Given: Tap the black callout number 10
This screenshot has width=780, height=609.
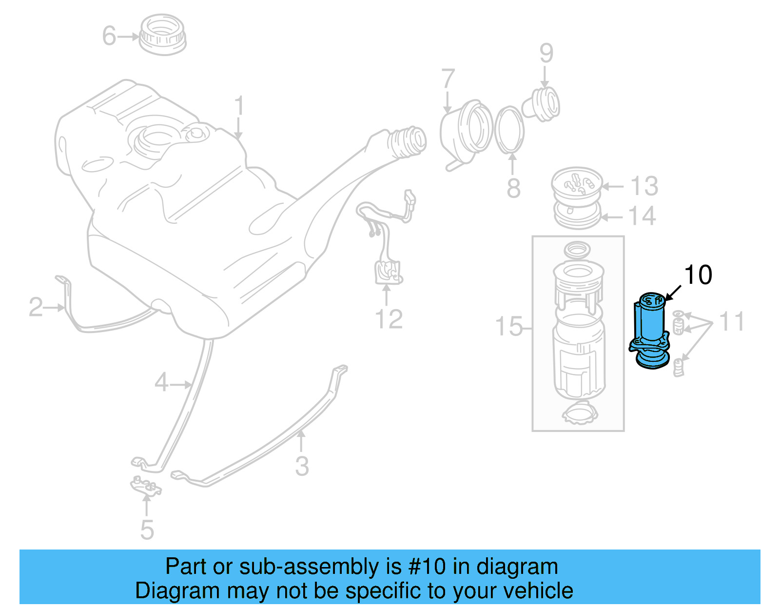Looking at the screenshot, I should tap(698, 275).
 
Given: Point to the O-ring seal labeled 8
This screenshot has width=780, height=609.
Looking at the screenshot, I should tap(510, 129).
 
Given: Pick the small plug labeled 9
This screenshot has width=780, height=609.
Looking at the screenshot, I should tap(542, 105).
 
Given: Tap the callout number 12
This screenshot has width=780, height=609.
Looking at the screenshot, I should tap(389, 319).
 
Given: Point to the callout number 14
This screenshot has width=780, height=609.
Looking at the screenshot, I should tap(642, 216).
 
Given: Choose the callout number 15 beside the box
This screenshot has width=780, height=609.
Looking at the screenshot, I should tap(508, 326).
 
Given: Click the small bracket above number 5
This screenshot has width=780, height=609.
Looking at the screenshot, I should tap(145, 486).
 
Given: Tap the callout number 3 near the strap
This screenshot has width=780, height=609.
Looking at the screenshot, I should tap(302, 466).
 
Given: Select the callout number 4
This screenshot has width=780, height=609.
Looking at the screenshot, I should tap(161, 382).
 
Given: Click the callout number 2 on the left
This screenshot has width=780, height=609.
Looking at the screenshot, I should tap(36, 307).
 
